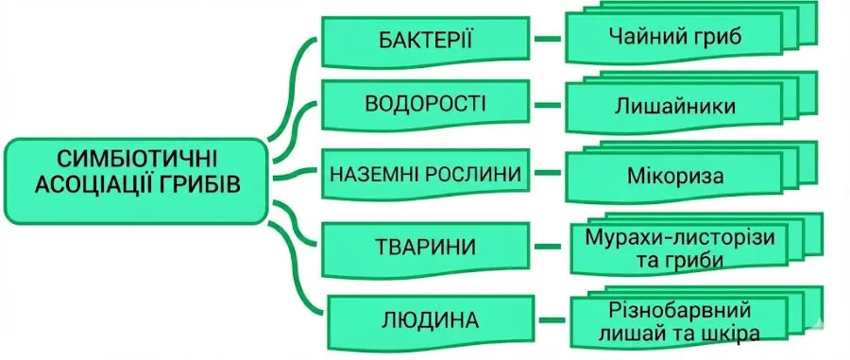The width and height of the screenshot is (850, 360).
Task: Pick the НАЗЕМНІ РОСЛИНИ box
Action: coord(424,175)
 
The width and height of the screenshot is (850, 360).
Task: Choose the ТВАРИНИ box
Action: coord(424,247)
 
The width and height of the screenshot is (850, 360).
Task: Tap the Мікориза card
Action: coord(673,176)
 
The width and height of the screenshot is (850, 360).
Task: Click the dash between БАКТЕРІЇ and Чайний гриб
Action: coord(546,41)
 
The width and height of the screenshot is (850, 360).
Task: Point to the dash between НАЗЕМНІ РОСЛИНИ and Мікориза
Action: coord(546,174)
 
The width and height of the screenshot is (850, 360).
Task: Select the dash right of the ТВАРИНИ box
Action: coord(546,247)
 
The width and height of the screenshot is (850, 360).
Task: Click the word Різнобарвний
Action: coord(680,308)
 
